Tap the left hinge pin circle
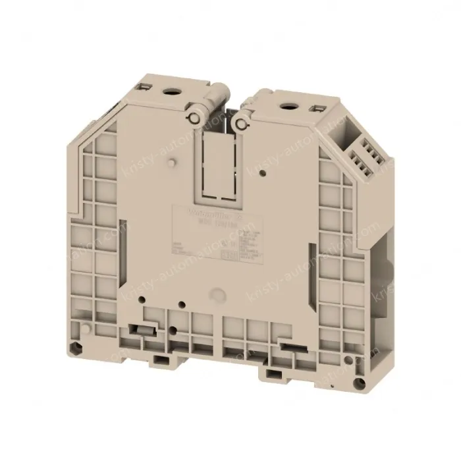pyautogui.click(x=195, y=117)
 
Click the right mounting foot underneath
pyautogui.click(x=271, y=374)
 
